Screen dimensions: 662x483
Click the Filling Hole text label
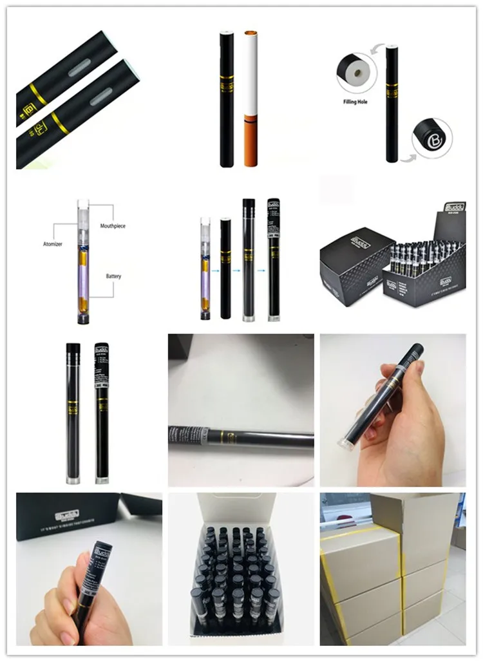pos(354,102)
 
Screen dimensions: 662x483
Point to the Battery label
pos(113,276)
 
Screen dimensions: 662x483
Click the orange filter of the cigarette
pos(250,140)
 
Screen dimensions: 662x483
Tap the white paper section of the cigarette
pos(250,71)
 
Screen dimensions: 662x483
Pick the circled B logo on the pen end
pos(432,138)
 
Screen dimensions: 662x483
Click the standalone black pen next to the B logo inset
pos(392,103)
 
